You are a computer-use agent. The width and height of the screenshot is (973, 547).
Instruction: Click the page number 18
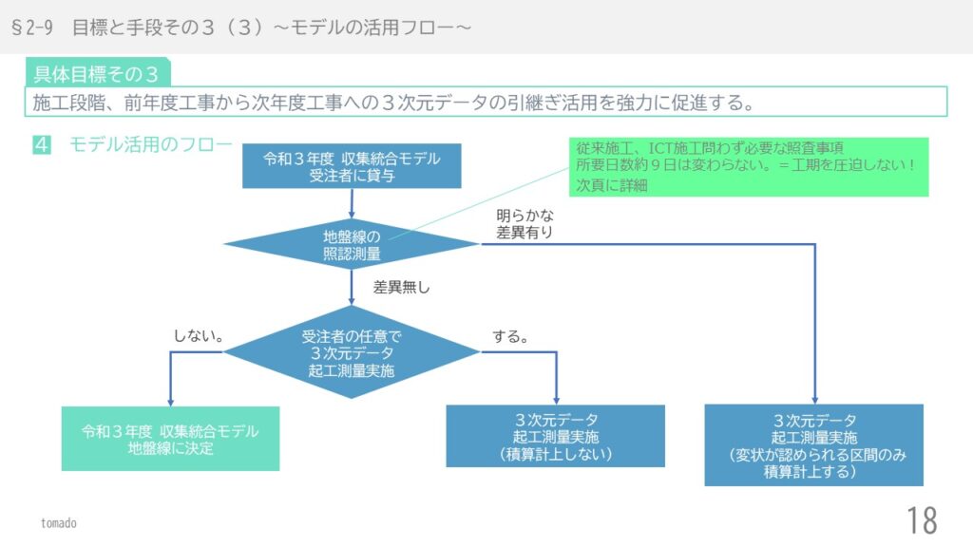click(x=922, y=521)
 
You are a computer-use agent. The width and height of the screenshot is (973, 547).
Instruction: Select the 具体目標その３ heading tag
click(x=97, y=73)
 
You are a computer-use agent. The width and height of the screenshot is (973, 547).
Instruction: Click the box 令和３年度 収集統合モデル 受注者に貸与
click(x=352, y=167)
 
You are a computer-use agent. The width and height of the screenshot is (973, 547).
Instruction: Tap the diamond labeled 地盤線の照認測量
click(x=352, y=244)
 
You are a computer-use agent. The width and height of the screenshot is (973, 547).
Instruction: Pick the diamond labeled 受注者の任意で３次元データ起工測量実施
click(x=352, y=353)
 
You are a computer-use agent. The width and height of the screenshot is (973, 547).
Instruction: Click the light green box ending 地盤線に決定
click(x=170, y=439)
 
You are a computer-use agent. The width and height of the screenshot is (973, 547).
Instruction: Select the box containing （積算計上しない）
click(x=555, y=437)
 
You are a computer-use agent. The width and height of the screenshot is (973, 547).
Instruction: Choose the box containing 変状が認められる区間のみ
click(x=813, y=445)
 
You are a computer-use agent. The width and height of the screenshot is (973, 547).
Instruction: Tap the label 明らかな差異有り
click(x=525, y=223)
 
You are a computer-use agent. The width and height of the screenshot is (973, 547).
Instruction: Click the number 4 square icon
click(x=42, y=144)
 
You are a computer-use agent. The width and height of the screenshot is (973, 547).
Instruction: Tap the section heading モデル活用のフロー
click(x=149, y=144)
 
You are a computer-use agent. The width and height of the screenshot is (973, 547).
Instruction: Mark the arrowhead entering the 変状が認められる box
click(x=814, y=399)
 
